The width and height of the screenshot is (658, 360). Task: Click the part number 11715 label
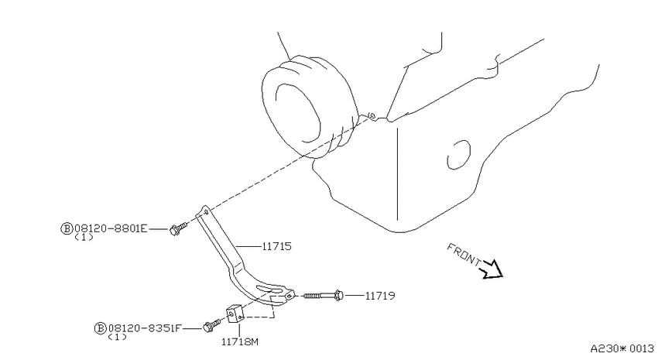[x=276, y=246]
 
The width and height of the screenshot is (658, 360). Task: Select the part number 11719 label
[x=380, y=296]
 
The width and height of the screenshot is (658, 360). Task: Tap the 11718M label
[x=240, y=342]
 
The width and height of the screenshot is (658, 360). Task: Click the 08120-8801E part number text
[x=111, y=228]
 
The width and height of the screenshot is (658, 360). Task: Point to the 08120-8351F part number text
[x=145, y=328]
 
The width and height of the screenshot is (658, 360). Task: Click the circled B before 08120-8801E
[x=67, y=228]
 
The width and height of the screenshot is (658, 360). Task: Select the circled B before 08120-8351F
[x=100, y=328]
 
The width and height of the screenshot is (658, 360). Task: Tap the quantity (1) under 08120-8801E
[x=84, y=238]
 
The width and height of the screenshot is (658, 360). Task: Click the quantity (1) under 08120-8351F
[x=117, y=337]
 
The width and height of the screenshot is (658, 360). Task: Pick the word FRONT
[x=464, y=254]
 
